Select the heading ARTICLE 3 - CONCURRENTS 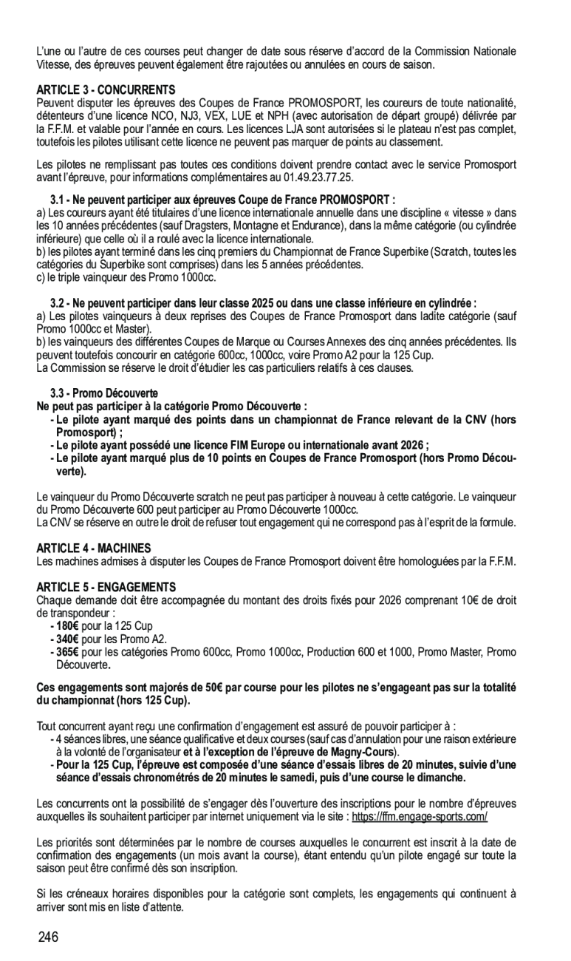coord(106,89)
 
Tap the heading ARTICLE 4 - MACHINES coord(94,548)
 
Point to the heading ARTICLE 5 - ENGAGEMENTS coord(106,586)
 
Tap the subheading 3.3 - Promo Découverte coord(104,392)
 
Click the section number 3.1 coord(58,200)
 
